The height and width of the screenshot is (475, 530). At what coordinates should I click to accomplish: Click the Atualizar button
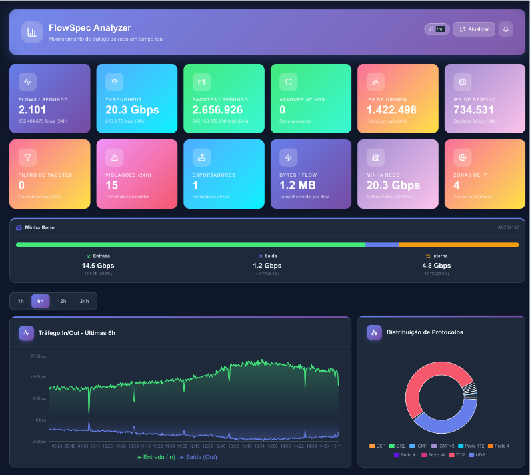474,29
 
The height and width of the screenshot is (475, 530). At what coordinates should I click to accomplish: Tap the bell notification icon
506,29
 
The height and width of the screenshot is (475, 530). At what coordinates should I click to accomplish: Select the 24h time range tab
84,301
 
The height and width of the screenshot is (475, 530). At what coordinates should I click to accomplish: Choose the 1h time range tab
21,301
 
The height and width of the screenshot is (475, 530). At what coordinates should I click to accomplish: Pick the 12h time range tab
61,301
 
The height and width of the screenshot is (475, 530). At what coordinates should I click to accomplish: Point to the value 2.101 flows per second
32,110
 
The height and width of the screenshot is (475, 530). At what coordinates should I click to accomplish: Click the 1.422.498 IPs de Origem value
391,110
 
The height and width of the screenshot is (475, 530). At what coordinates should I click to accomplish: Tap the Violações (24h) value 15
112,185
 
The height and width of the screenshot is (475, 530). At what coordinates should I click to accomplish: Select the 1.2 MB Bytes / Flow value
297,185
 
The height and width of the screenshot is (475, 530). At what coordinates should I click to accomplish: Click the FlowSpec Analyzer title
89,28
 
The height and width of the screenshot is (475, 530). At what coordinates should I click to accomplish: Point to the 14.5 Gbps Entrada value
98,266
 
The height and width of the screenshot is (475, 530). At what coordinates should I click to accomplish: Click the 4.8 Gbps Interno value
437,266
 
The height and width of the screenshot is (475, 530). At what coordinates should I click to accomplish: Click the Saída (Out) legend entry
198,457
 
